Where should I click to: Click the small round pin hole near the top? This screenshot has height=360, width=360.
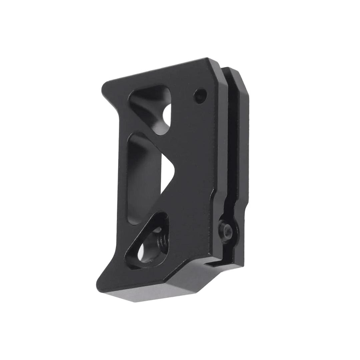pyautogui.click(x=200, y=95)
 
